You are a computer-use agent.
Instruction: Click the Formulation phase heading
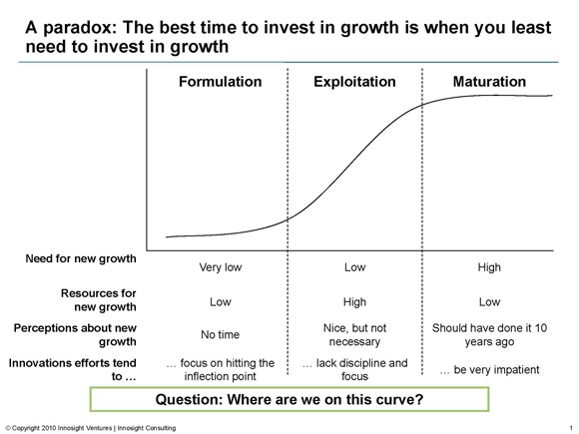point(221,82)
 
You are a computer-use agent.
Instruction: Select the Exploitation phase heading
point(354,82)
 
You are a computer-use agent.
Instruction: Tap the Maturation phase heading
point(489,82)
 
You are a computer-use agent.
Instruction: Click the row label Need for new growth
point(81,258)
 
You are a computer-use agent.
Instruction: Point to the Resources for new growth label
point(99,300)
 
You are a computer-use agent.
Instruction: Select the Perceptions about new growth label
point(75,334)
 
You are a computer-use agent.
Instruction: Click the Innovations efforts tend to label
point(72,369)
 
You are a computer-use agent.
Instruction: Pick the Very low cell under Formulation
point(221,267)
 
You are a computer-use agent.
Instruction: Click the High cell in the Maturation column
point(489,267)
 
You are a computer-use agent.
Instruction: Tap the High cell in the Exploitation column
point(354,302)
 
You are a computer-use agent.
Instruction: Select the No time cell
point(220,334)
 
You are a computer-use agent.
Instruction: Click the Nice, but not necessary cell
point(354,334)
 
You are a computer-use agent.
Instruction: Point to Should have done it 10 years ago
point(489,334)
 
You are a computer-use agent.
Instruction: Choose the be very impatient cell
point(489,369)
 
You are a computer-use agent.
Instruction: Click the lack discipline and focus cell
point(354,369)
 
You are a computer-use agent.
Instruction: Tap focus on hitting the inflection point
point(220,369)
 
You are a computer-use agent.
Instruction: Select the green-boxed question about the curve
point(289,399)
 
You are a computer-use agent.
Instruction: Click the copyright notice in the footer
point(91,428)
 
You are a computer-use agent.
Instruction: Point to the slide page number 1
point(571,428)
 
